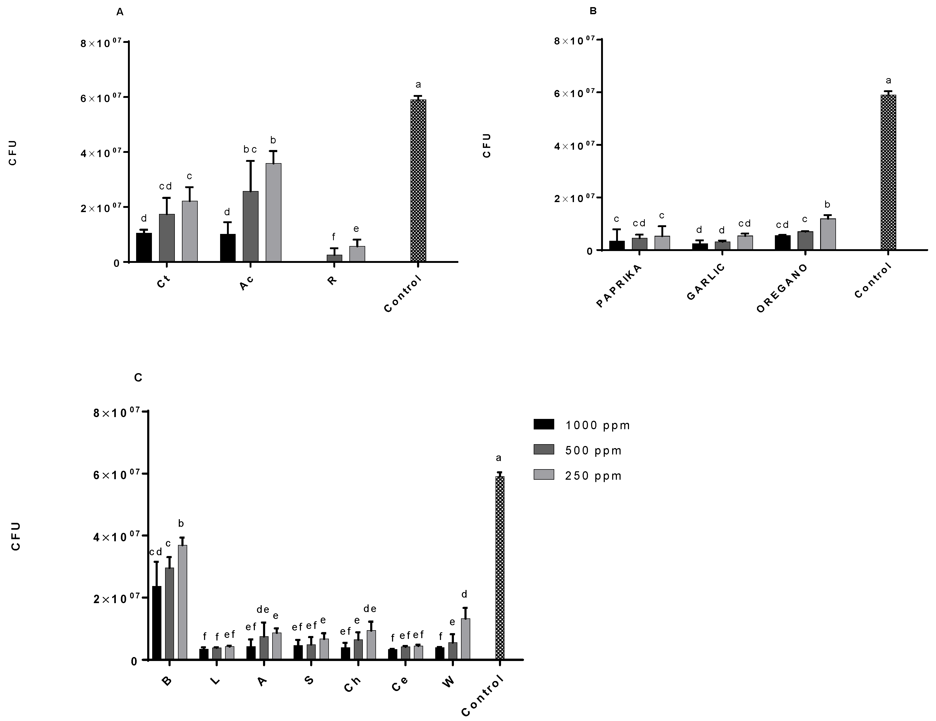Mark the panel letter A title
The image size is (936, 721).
[x=120, y=12]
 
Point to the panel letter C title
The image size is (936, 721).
[x=138, y=378]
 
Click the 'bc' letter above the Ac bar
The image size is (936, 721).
[x=250, y=149]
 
